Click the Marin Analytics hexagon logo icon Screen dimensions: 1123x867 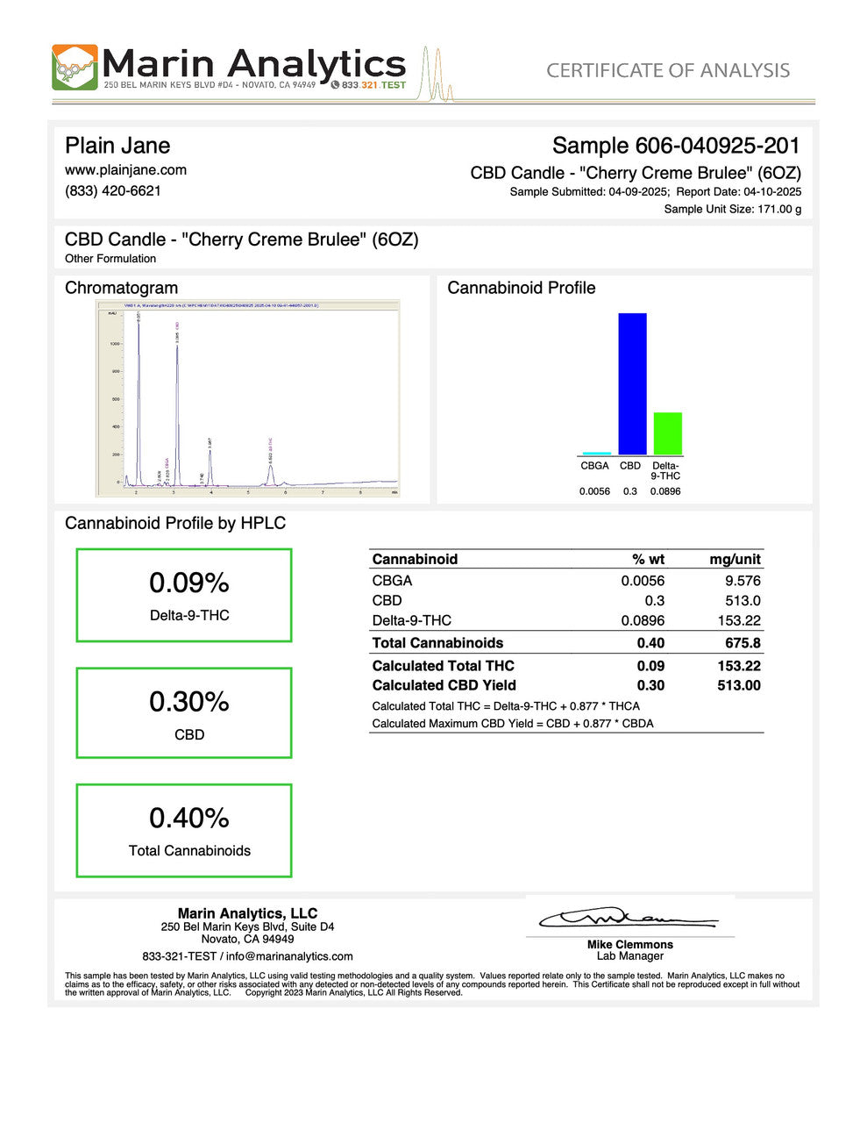coord(75,68)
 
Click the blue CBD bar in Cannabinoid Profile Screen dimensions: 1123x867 coord(632,383)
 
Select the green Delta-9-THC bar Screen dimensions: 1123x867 coord(667,433)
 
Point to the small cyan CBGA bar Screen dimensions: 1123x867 coord(596,453)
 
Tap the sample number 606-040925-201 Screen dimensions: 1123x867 coord(676,146)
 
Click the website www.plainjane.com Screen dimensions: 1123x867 coord(125,170)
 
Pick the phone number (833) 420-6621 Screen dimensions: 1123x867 coord(113,190)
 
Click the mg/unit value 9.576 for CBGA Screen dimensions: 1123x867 coord(743,581)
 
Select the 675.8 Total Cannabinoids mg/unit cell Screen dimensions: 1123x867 coord(743,643)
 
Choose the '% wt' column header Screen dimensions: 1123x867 coord(648,560)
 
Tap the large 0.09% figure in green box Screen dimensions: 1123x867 coord(189,583)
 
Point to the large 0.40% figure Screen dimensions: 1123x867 coord(189,818)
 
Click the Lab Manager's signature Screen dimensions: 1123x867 coord(628,919)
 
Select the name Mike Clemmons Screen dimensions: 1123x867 coord(629,945)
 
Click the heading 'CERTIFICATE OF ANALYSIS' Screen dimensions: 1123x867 coord(668,70)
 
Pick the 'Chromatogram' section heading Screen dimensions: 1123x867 coord(121,288)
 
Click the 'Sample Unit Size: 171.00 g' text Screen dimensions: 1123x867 coord(732,209)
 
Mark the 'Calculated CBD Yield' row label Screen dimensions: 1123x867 coord(444,685)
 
